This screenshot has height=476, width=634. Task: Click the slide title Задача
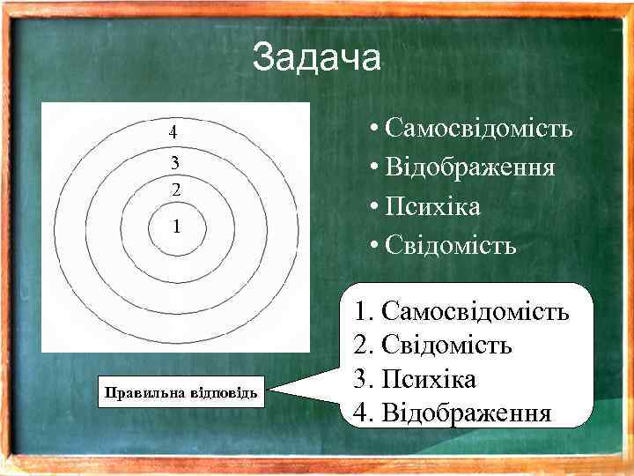316,58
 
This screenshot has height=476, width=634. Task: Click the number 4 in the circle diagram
173,133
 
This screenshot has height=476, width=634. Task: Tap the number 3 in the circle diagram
175,162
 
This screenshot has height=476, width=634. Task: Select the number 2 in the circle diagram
176,190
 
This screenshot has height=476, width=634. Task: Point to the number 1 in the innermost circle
177,227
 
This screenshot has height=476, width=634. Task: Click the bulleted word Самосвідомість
479,129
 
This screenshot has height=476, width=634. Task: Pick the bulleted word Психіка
431,206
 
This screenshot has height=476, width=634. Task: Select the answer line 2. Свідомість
432,345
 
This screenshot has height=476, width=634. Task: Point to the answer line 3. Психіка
414,379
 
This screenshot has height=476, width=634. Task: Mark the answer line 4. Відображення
452,413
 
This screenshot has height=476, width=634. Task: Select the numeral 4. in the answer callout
362,413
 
